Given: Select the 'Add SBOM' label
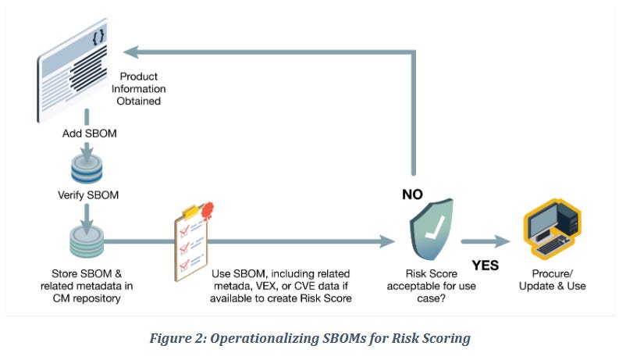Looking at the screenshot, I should click(90, 134).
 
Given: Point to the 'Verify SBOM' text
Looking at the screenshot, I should click(90, 195).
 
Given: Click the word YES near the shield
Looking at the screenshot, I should click(485, 266).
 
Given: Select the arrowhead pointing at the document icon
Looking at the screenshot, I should click(131, 52).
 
